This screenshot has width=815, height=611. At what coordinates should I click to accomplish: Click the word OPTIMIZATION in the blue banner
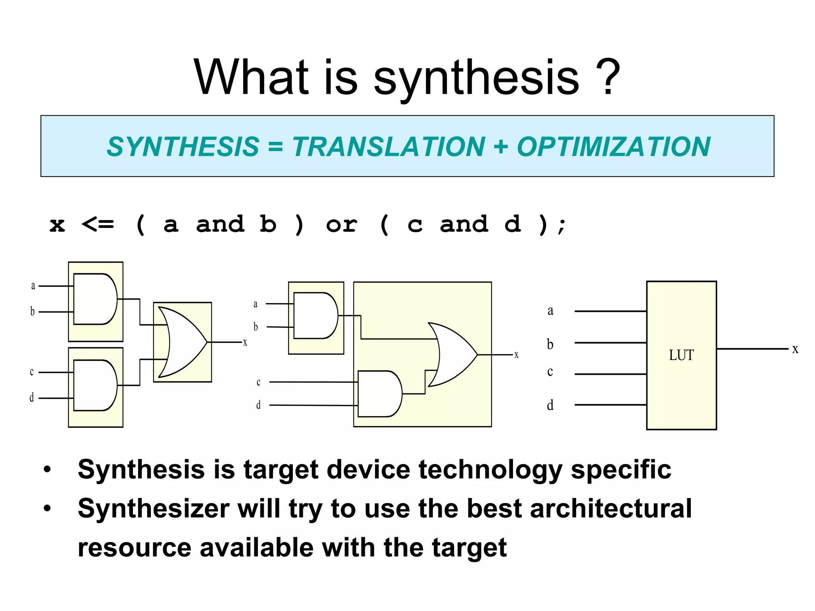(613, 147)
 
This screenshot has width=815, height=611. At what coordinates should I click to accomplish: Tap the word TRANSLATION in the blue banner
(389, 147)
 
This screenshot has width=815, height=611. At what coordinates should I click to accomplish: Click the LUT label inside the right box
(681, 355)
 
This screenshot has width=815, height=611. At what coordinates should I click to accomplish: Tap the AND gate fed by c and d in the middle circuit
(379, 394)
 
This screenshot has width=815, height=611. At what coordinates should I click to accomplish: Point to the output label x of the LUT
(795, 349)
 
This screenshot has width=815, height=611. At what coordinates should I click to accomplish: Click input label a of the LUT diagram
(550, 311)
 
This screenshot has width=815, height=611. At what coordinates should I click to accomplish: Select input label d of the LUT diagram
(550, 405)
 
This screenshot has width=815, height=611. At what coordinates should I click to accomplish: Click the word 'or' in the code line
(341, 225)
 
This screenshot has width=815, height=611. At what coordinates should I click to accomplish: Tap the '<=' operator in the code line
(97, 225)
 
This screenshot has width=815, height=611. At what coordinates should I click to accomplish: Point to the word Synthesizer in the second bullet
(154, 509)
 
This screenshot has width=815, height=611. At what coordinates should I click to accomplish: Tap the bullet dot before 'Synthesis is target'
(48, 470)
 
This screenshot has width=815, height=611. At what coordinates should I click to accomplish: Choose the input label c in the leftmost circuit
(32, 372)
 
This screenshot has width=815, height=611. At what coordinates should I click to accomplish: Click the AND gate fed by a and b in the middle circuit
(315, 316)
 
